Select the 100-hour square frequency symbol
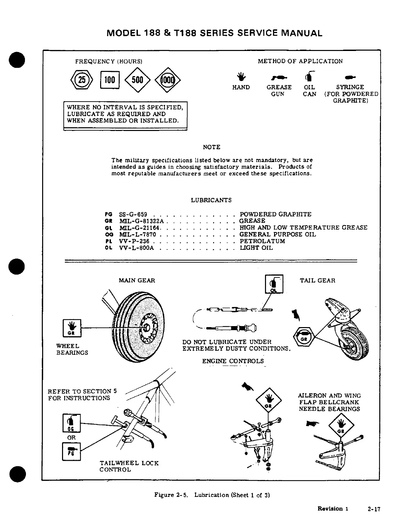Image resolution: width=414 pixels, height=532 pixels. (110, 80)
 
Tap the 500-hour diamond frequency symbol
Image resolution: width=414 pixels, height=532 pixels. (138, 80)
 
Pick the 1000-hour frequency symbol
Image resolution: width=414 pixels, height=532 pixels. (168, 80)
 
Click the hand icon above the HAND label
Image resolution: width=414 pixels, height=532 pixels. (241, 77)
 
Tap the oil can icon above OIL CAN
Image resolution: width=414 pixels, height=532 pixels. (309, 76)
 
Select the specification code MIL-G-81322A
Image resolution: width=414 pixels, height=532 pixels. (141, 221)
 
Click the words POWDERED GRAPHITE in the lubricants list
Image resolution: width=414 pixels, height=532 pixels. (275, 214)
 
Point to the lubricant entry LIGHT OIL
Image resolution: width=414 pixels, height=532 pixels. (256, 248)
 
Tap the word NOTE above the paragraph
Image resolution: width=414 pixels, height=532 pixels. (212, 147)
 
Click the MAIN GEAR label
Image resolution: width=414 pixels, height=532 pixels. (137, 281)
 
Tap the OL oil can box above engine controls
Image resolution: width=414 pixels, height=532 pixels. (274, 284)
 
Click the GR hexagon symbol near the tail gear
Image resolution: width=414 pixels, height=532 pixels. (304, 337)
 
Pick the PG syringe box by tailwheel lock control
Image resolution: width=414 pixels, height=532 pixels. (71, 451)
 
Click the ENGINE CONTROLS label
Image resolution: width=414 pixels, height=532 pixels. (233, 361)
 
